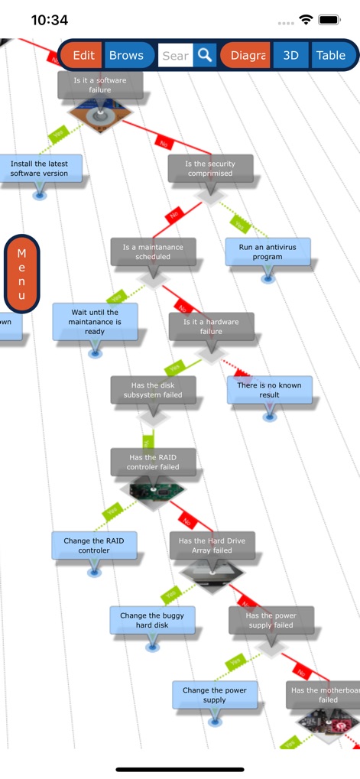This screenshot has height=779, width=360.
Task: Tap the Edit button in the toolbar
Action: click(x=83, y=55)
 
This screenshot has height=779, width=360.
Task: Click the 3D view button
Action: click(x=291, y=55)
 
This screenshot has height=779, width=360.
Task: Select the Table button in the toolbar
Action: click(x=331, y=55)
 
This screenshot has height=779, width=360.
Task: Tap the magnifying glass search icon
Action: click(x=205, y=55)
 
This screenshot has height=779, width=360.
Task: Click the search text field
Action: click(x=175, y=55)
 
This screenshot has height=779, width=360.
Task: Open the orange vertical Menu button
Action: click(x=21, y=274)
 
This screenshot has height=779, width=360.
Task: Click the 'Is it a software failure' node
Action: click(x=100, y=85)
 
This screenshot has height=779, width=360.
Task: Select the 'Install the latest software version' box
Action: click(x=39, y=168)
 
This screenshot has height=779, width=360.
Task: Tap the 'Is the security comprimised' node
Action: click(x=210, y=168)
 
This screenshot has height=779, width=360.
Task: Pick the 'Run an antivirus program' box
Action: click(x=268, y=252)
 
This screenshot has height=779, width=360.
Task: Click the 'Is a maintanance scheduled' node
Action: click(x=153, y=252)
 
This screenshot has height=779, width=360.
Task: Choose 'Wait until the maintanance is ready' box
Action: click(x=95, y=322)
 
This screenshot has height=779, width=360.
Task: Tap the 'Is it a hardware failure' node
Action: click(x=211, y=326)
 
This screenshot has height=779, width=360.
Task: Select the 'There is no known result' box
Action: click(x=269, y=390)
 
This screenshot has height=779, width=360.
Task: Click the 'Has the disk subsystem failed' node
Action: click(x=153, y=390)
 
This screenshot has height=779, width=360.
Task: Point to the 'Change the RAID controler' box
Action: click(x=94, y=545)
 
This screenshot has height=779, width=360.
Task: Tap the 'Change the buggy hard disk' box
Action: click(x=152, y=620)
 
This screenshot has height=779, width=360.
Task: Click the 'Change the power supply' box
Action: click(x=214, y=695)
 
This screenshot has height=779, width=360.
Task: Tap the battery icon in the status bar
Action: click(x=329, y=19)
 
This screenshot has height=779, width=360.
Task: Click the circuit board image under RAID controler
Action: click(x=152, y=489)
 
